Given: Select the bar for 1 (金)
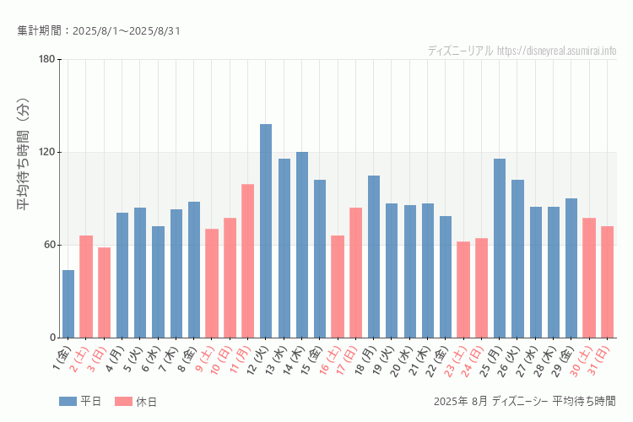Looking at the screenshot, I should point(68,304).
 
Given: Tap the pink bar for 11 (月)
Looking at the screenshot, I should point(248,261).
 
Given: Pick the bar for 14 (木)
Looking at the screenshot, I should point(302,245).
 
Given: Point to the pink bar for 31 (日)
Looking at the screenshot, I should point(607,282).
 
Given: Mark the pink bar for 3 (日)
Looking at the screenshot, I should point(105,292).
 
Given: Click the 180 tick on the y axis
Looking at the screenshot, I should point(46,59).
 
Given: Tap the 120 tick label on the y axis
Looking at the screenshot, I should point(46,152).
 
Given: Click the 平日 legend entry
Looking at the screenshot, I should point(81,402).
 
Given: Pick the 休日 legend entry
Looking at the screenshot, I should point(136,402).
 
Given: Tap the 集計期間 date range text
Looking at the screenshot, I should point(99,31).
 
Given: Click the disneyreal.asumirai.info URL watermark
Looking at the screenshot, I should point(556,51).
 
